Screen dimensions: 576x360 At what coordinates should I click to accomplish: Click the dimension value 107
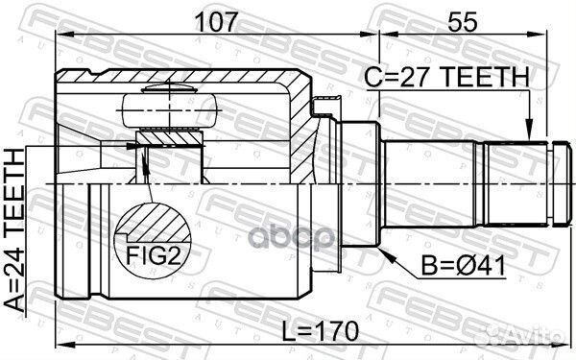click(x=217, y=22)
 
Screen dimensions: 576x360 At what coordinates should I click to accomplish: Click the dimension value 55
click(x=463, y=22)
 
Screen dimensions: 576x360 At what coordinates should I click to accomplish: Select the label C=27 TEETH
click(x=446, y=77)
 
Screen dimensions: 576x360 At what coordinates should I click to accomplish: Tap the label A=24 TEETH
click(x=15, y=229)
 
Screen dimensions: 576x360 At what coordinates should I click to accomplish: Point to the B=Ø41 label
click(x=464, y=266)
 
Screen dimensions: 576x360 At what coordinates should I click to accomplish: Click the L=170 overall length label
click(x=320, y=331)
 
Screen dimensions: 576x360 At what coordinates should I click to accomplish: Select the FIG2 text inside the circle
click(x=154, y=255)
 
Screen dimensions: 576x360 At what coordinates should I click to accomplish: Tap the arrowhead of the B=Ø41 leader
click(x=387, y=255)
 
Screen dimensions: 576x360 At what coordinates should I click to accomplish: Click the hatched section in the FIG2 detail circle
click(x=155, y=224)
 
